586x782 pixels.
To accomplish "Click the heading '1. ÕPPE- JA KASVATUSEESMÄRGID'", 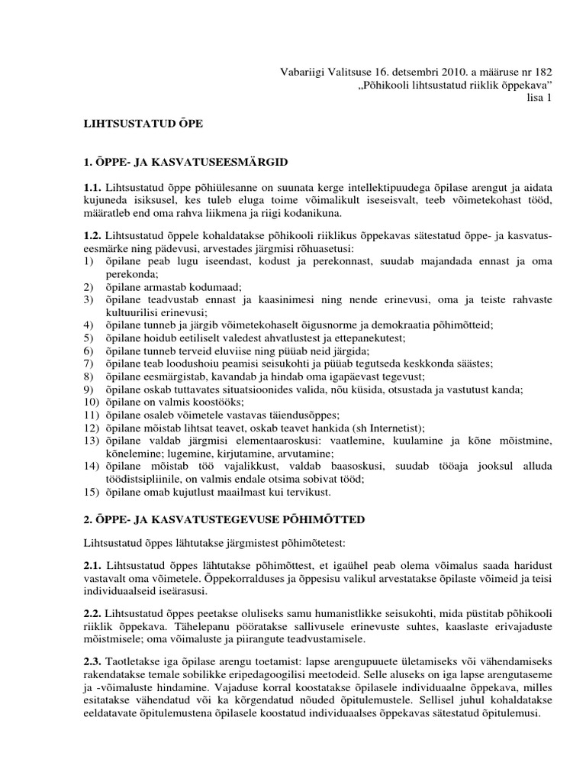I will tap(184, 162).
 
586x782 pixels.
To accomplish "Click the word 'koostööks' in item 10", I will tap(221, 402).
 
